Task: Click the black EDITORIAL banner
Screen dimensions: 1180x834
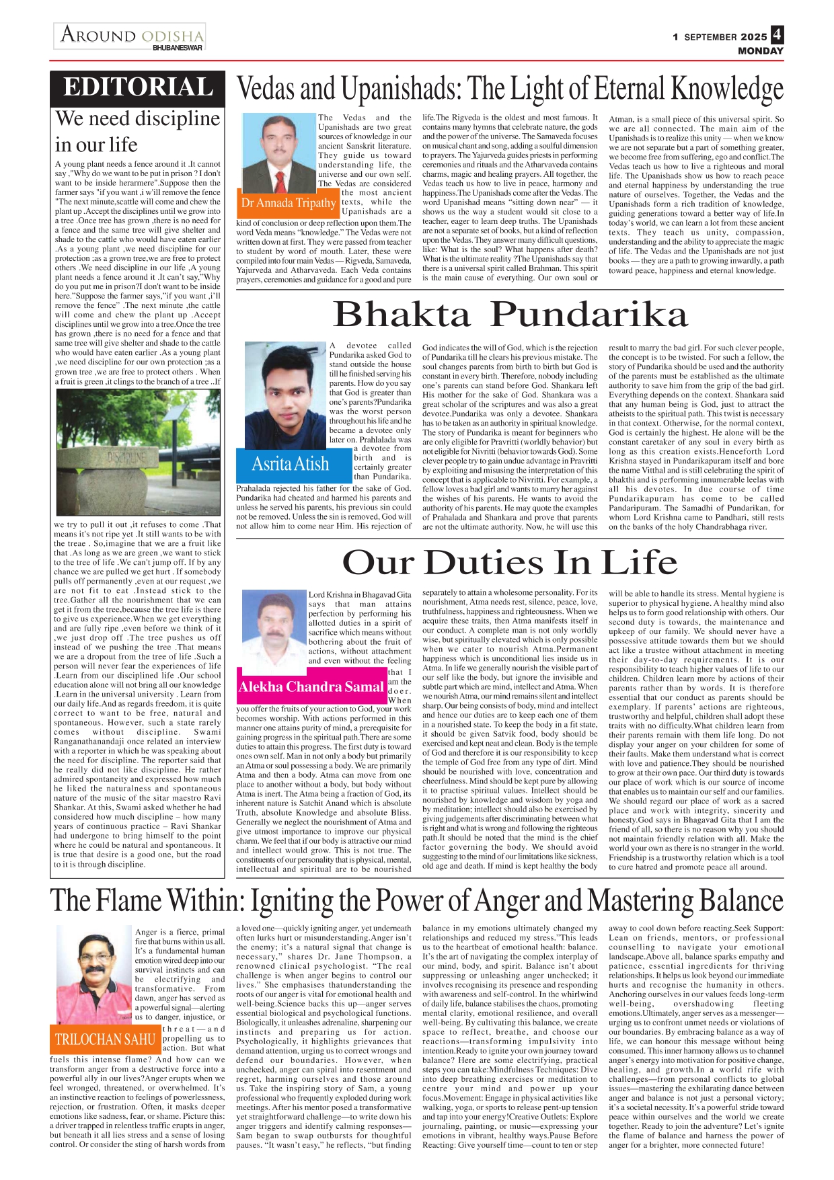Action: (x=137, y=88)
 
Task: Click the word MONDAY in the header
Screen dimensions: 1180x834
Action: (x=760, y=51)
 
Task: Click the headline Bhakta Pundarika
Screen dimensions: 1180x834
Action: (x=510, y=314)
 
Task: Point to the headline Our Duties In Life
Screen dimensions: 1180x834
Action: (x=510, y=562)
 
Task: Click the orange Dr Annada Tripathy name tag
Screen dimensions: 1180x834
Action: (x=289, y=202)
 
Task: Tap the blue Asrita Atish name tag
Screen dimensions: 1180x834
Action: (x=291, y=463)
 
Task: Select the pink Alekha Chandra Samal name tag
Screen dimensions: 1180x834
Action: (x=311, y=686)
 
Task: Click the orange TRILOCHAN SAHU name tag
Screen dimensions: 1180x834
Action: (x=105, y=1039)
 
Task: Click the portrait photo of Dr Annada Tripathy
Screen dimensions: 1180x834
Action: (x=278, y=155)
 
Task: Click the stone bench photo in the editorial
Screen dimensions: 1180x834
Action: (x=138, y=453)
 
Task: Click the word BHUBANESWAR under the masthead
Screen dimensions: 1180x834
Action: (x=178, y=48)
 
